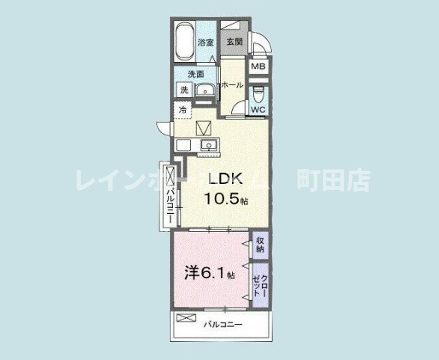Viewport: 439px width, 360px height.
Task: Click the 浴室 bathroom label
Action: coord(206,42)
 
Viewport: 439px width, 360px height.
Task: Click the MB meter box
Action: coord(258,67)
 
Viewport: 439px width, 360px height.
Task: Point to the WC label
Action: coord(258,110)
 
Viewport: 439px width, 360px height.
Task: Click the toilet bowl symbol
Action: coord(258,95)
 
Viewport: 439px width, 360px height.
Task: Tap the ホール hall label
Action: coord(232,85)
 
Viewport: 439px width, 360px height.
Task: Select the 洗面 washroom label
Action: coord(196,74)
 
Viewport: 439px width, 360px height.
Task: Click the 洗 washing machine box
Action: coord(184,90)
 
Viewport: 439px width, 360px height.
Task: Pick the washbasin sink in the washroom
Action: coord(205,90)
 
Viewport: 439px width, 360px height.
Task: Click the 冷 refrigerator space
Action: coord(183,111)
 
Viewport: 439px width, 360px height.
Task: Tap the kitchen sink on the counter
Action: coord(209,145)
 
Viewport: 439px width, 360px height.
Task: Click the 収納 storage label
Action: coord(260,245)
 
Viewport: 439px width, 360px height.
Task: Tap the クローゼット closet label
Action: coord(260,285)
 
